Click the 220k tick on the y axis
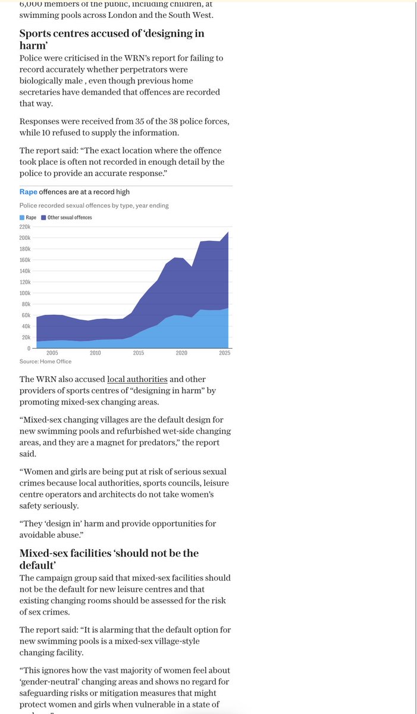(x=26, y=227)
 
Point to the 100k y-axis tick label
(x=26, y=293)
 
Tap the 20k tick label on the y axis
(x=27, y=337)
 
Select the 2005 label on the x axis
(x=52, y=353)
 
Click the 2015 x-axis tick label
(x=138, y=353)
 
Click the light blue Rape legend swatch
(x=22, y=218)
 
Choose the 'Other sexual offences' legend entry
(x=70, y=218)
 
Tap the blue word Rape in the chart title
(x=28, y=192)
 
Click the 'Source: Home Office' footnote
(x=45, y=361)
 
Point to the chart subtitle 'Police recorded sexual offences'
(x=94, y=205)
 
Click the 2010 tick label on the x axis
(x=95, y=353)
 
